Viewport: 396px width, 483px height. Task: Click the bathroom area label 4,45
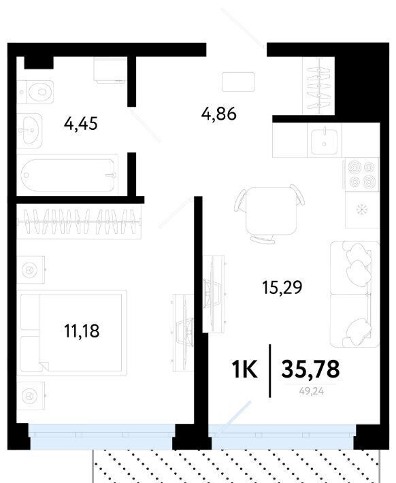click(x=81, y=124)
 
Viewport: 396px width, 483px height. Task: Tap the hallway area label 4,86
click(x=219, y=114)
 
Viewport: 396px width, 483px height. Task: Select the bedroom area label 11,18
click(x=82, y=331)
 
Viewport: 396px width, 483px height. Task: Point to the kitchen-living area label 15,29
click(x=282, y=287)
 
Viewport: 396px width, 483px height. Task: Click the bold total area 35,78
click(x=310, y=369)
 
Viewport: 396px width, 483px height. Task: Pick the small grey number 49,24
click(x=311, y=391)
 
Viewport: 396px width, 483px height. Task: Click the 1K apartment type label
click(x=244, y=369)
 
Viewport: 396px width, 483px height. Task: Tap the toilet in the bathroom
click(x=35, y=92)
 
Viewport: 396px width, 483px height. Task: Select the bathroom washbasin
click(x=29, y=131)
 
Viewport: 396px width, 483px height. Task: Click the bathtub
click(x=67, y=175)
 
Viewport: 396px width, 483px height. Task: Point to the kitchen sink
click(x=325, y=141)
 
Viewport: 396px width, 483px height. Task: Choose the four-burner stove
click(x=361, y=174)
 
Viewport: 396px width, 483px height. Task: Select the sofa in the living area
click(x=354, y=294)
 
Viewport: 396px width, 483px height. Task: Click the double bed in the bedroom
click(x=71, y=333)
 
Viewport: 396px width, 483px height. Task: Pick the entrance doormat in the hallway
click(x=238, y=82)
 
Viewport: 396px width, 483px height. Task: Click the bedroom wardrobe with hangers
click(x=79, y=222)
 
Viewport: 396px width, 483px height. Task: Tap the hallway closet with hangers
click(x=318, y=86)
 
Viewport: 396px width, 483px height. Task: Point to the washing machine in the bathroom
click(x=110, y=70)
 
